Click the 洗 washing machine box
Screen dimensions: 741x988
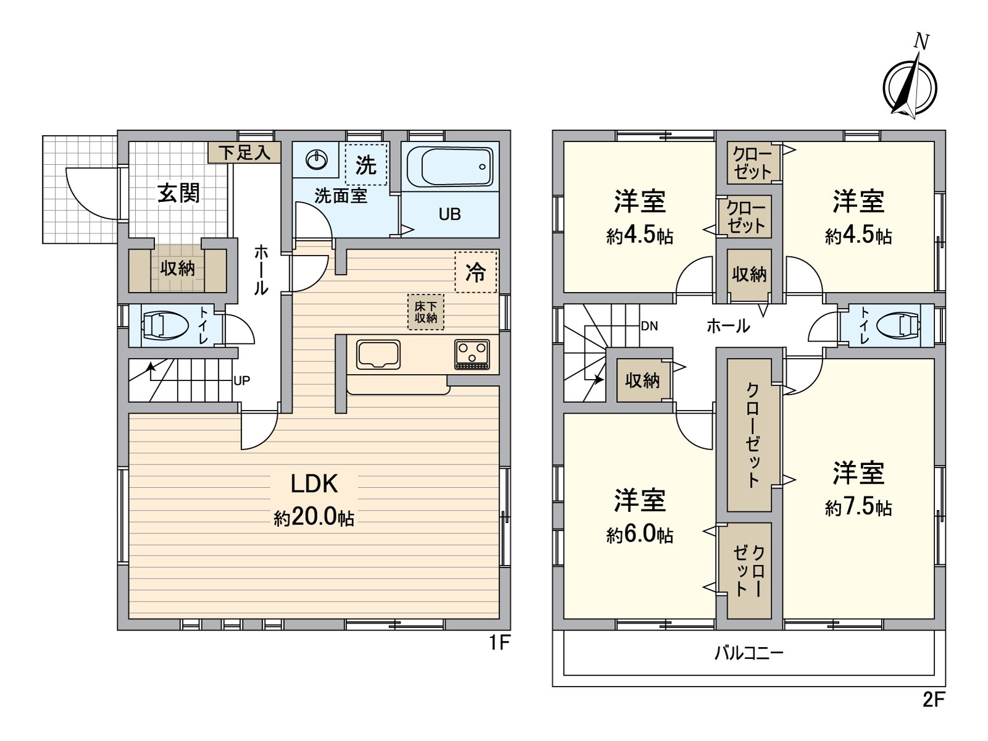pyautogui.click(x=366, y=164)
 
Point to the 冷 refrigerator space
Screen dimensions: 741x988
pyautogui.click(x=475, y=272)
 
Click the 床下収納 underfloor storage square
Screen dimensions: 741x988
pyautogui.click(x=425, y=312)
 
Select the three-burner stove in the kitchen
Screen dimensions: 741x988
pyautogui.click(x=472, y=355)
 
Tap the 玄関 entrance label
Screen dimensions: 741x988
pyautogui.click(x=178, y=193)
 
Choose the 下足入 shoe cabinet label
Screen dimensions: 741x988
pyautogui.click(x=245, y=153)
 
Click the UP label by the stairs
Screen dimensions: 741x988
pyautogui.click(x=241, y=381)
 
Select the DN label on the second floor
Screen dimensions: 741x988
pyautogui.click(x=649, y=326)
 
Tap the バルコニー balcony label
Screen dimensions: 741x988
pyautogui.click(x=748, y=653)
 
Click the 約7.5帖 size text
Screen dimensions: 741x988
pyautogui.click(x=858, y=508)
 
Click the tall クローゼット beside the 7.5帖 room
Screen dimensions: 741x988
pyautogui.click(x=748, y=435)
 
